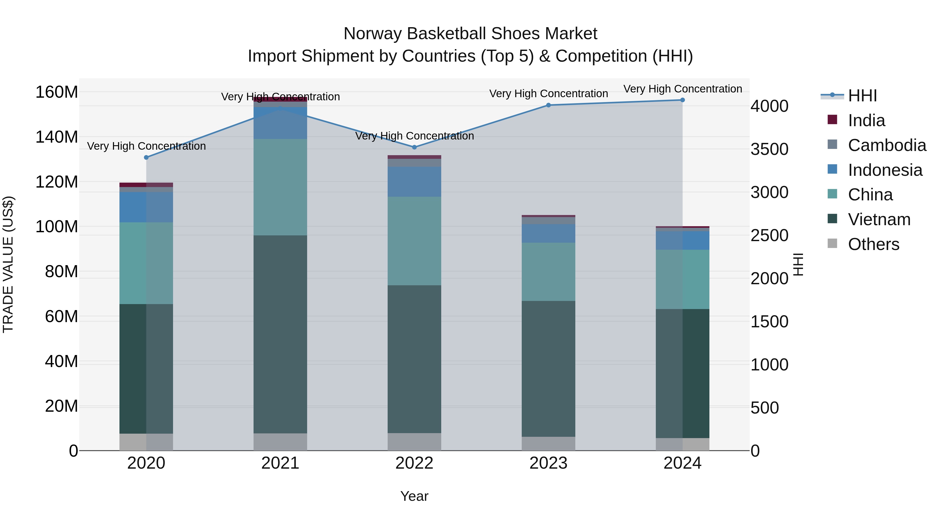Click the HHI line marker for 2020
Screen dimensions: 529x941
point(146,157)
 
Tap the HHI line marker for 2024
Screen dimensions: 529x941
point(682,100)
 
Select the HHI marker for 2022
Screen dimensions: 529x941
point(414,147)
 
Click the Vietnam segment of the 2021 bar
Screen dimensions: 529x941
point(280,334)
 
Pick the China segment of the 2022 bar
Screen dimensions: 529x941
point(414,241)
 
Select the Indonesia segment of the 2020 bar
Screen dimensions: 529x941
point(146,207)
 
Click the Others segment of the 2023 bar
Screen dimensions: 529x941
point(548,444)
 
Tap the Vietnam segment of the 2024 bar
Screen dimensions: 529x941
point(682,373)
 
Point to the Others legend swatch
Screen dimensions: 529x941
point(832,243)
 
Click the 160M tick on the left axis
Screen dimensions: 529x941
point(57,92)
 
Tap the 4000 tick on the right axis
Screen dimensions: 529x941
point(769,106)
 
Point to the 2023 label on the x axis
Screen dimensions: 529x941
point(548,463)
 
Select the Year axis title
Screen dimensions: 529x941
point(414,496)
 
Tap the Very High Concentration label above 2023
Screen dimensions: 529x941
point(548,94)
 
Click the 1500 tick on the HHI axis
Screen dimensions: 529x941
point(769,322)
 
